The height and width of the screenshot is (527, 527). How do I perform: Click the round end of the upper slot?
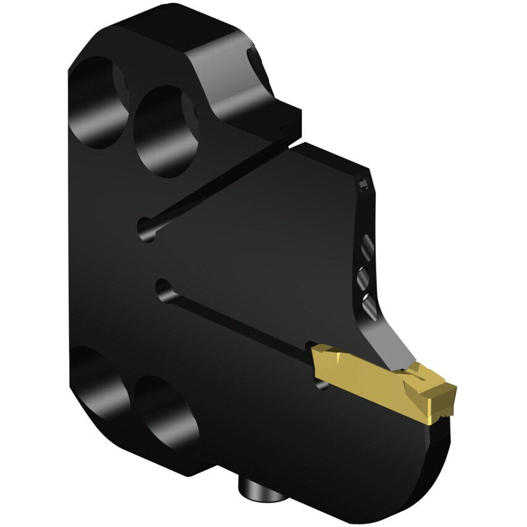tap(147, 229)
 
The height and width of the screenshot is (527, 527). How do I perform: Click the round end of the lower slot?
tap(165, 290)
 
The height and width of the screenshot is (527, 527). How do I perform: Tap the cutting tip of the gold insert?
tap(449, 392)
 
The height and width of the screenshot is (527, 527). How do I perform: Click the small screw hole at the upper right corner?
tap(364, 183)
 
